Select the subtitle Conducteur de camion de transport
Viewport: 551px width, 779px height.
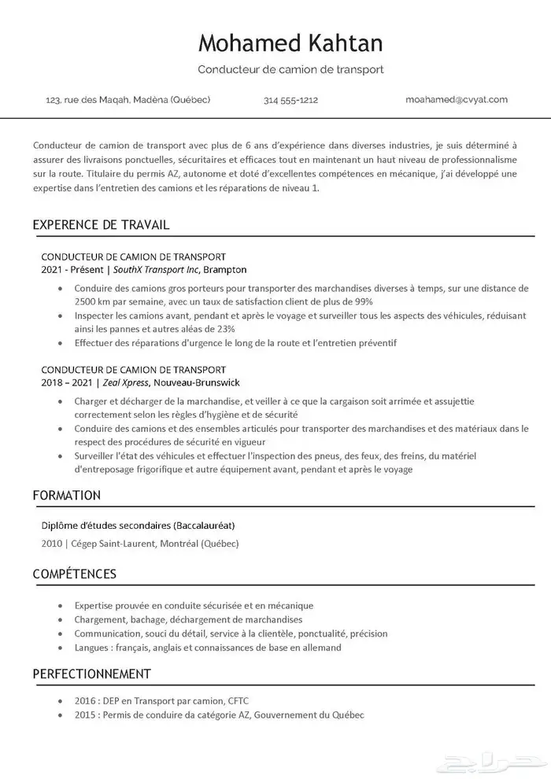coord(290,69)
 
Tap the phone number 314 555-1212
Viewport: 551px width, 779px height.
coord(290,100)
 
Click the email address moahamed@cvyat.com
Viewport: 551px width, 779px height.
coord(457,100)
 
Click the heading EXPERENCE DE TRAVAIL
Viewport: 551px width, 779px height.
coord(101,225)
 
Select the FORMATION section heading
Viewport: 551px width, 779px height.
coord(67,496)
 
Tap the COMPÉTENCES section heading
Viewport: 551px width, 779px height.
coord(75,574)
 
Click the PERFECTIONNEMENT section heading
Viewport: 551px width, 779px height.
coord(91,674)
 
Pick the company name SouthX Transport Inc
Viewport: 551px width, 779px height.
coord(157,269)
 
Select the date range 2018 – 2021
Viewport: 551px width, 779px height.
coord(66,382)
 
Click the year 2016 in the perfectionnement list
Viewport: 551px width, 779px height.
coord(86,700)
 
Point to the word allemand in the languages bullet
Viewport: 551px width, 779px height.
coord(321,648)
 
